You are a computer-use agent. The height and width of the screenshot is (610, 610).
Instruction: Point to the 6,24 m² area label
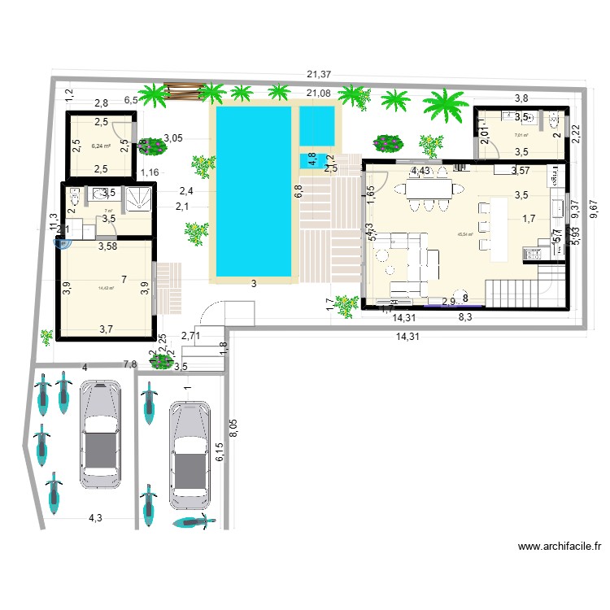tap(101, 146)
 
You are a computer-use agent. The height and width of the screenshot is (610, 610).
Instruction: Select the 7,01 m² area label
tap(521, 136)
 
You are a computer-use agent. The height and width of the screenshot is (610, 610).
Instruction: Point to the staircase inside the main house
tap(521, 290)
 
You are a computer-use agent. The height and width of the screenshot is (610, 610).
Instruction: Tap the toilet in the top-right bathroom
tap(556, 123)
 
